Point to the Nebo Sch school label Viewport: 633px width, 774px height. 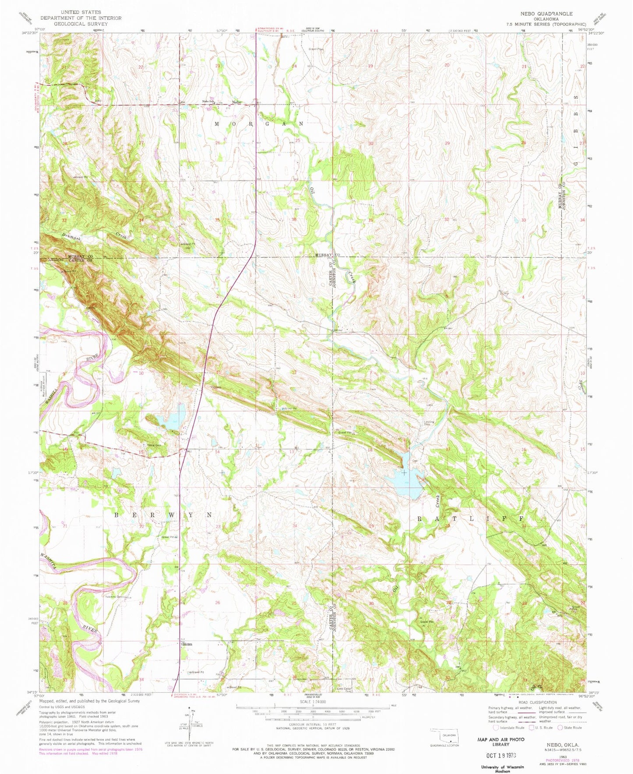(x=207, y=102)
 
